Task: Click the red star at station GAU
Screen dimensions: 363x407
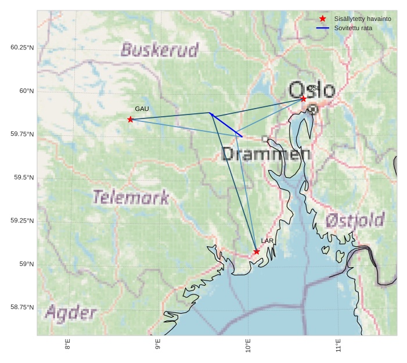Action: pyautogui.click(x=130, y=120)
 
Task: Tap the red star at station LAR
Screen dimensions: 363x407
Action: pyautogui.click(x=257, y=251)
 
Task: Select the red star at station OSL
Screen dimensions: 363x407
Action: pyautogui.click(x=303, y=99)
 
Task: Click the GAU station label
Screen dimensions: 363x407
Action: pyautogui.click(x=142, y=109)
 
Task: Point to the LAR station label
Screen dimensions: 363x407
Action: pyautogui.click(x=267, y=240)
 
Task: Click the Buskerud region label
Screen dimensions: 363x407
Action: pyautogui.click(x=160, y=50)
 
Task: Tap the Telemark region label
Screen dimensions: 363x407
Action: pyautogui.click(x=131, y=197)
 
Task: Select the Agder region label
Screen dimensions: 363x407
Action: pyautogui.click(x=71, y=313)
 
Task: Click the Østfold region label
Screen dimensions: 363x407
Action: pyautogui.click(x=355, y=220)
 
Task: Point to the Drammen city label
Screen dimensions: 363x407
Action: pyautogui.click(x=266, y=154)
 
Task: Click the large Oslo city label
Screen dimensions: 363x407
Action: pyautogui.click(x=312, y=91)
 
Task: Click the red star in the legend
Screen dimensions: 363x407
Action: pyautogui.click(x=323, y=19)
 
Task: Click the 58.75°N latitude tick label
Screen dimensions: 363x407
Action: pyautogui.click(x=22, y=307)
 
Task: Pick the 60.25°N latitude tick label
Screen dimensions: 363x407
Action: pyautogui.click(x=22, y=47)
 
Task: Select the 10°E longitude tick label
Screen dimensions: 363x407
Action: pyautogui.click(x=248, y=346)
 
